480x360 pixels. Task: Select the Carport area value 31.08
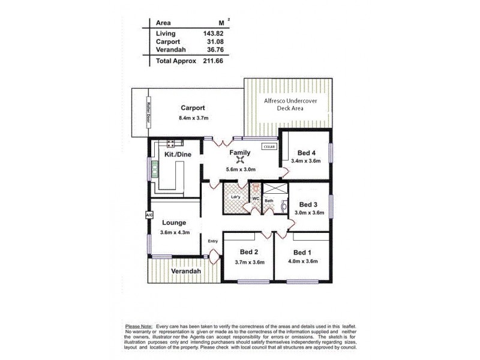tap(207, 42)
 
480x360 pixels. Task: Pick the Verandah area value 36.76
tap(207, 50)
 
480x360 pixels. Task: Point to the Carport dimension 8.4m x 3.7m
tap(193, 118)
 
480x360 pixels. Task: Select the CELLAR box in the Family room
tap(268, 146)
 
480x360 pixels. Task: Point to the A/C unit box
tap(148, 214)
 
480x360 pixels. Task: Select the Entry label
tap(212, 241)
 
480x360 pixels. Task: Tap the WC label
tap(255, 197)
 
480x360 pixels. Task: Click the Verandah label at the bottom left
tap(184, 271)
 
